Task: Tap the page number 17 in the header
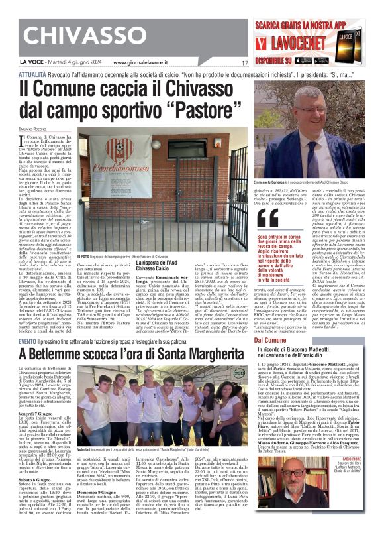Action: (x=245, y=62)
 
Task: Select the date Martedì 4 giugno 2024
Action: (x=68, y=62)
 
